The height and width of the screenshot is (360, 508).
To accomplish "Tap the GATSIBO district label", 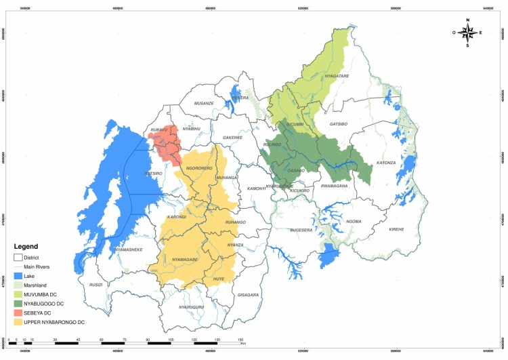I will pos(339,125).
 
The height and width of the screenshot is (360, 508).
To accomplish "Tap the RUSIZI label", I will pos(96,285).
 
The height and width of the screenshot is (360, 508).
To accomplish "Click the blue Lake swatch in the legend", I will pos(20,276).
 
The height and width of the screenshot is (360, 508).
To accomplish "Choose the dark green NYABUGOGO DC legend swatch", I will pos(20,302).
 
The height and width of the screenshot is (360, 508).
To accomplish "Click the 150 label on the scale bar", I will pos(240,339).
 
